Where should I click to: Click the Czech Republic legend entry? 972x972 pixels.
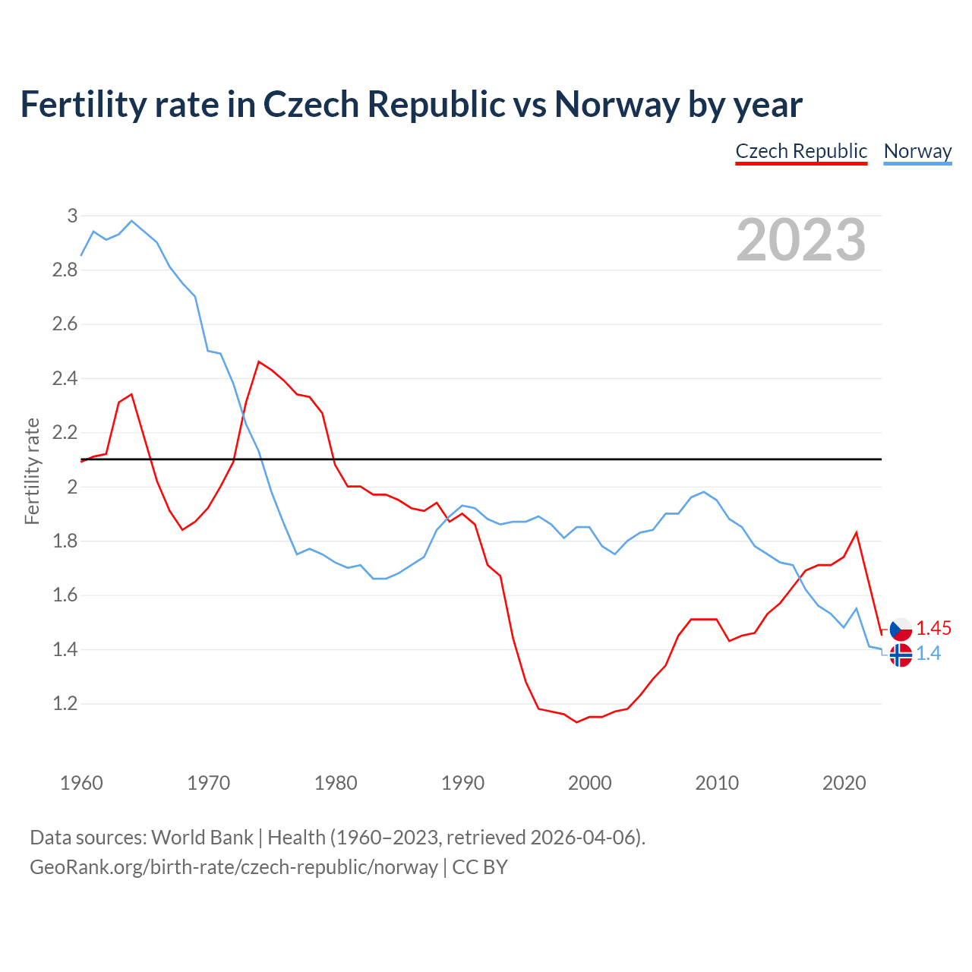tap(801, 151)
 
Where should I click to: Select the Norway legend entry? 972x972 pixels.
tap(917, 151)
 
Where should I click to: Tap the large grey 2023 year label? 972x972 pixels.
tap(801, 240)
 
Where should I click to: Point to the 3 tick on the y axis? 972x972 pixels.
tap(72, 216)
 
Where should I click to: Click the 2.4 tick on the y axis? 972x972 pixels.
tap(65, 378)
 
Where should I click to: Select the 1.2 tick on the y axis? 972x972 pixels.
tap(65, 704)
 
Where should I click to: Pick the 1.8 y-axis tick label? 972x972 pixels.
tap(65, 541)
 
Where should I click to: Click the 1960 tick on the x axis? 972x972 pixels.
tap(81, 783)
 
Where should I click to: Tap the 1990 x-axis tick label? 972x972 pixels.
tap(462, 783)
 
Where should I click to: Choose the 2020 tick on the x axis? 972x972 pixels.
tap(844, 783)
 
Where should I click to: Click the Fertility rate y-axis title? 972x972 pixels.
tap(32, 471)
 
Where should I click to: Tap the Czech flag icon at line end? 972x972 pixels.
tap(901, 630)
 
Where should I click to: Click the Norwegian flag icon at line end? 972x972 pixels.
tap(901, 655)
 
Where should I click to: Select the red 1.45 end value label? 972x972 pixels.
tap(933, 629)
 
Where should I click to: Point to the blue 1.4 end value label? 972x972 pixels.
tap(929, 654)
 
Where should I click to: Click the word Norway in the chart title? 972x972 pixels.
tap(617, 104)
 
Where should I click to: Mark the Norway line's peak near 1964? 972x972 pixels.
tap(132, 221)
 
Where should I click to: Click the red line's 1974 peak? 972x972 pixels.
tap(259, 361)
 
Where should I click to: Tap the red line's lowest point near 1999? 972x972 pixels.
tap(577, 722)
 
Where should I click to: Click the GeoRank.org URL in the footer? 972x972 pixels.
tap(234, 867)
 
